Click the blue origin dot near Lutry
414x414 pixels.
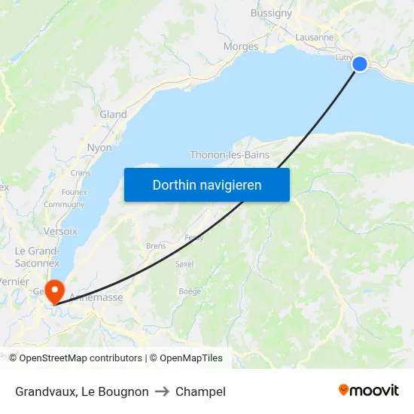click(360, 64)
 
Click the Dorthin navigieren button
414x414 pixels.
click(207, 184)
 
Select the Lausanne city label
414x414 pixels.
click(315, 37)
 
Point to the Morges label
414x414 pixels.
click(241, 47)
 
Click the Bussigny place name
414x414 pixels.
click(271, 14)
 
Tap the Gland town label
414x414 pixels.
click(113, 114)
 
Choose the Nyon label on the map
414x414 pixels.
click(99, 148)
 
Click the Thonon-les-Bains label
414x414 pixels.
click(230, 155)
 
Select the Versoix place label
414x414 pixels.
click(61, 231)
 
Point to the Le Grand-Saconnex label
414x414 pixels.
click(38, 256)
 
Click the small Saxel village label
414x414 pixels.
click(184, 264)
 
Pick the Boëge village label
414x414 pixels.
click(189, 291)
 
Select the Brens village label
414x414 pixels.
click(156, 246)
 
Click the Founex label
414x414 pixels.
click(75, 192)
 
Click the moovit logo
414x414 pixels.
click(369, 390)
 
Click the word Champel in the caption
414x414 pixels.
click(200, 391)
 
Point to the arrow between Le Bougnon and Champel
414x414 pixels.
click(162, 391)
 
